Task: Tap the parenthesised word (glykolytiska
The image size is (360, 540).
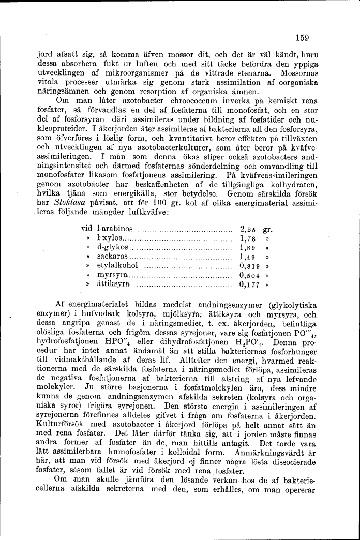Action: [293, 305]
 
